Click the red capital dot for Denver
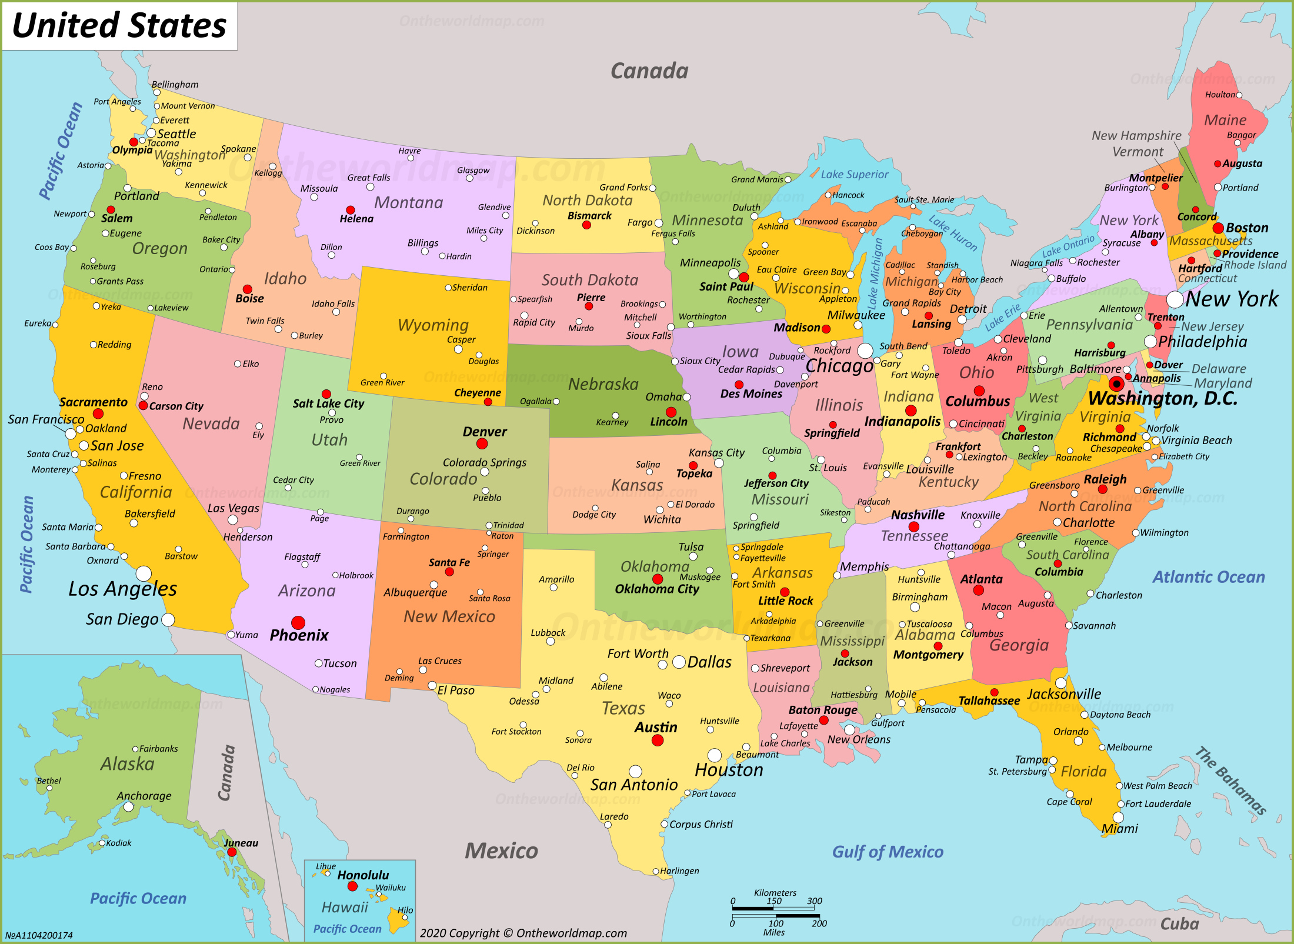[x=482, y=443]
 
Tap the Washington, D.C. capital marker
[x=1116, y=384]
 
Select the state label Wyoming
[x=433, y=325]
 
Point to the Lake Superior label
[x=854, y=174]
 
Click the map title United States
[x=119, y=25]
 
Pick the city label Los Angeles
[x=122, y=588]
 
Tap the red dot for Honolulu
[x=352, y=886]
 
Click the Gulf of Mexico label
[x=887, y=851]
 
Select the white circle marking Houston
[x=714, y=755]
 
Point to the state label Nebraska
[x=603, y=384]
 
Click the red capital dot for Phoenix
[x=298, y=622]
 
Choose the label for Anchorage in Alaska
[x=144, y=796]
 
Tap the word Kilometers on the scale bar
[x=775, y=893]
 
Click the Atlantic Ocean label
[x=1208, y=577]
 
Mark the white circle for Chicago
[x=865, y=351]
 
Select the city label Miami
[x=1119, y=828]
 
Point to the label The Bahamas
[x=1230, y=780]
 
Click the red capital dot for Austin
[x=658, y=740]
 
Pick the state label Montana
[x=408, y=202]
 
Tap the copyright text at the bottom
[x=523, y=933]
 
